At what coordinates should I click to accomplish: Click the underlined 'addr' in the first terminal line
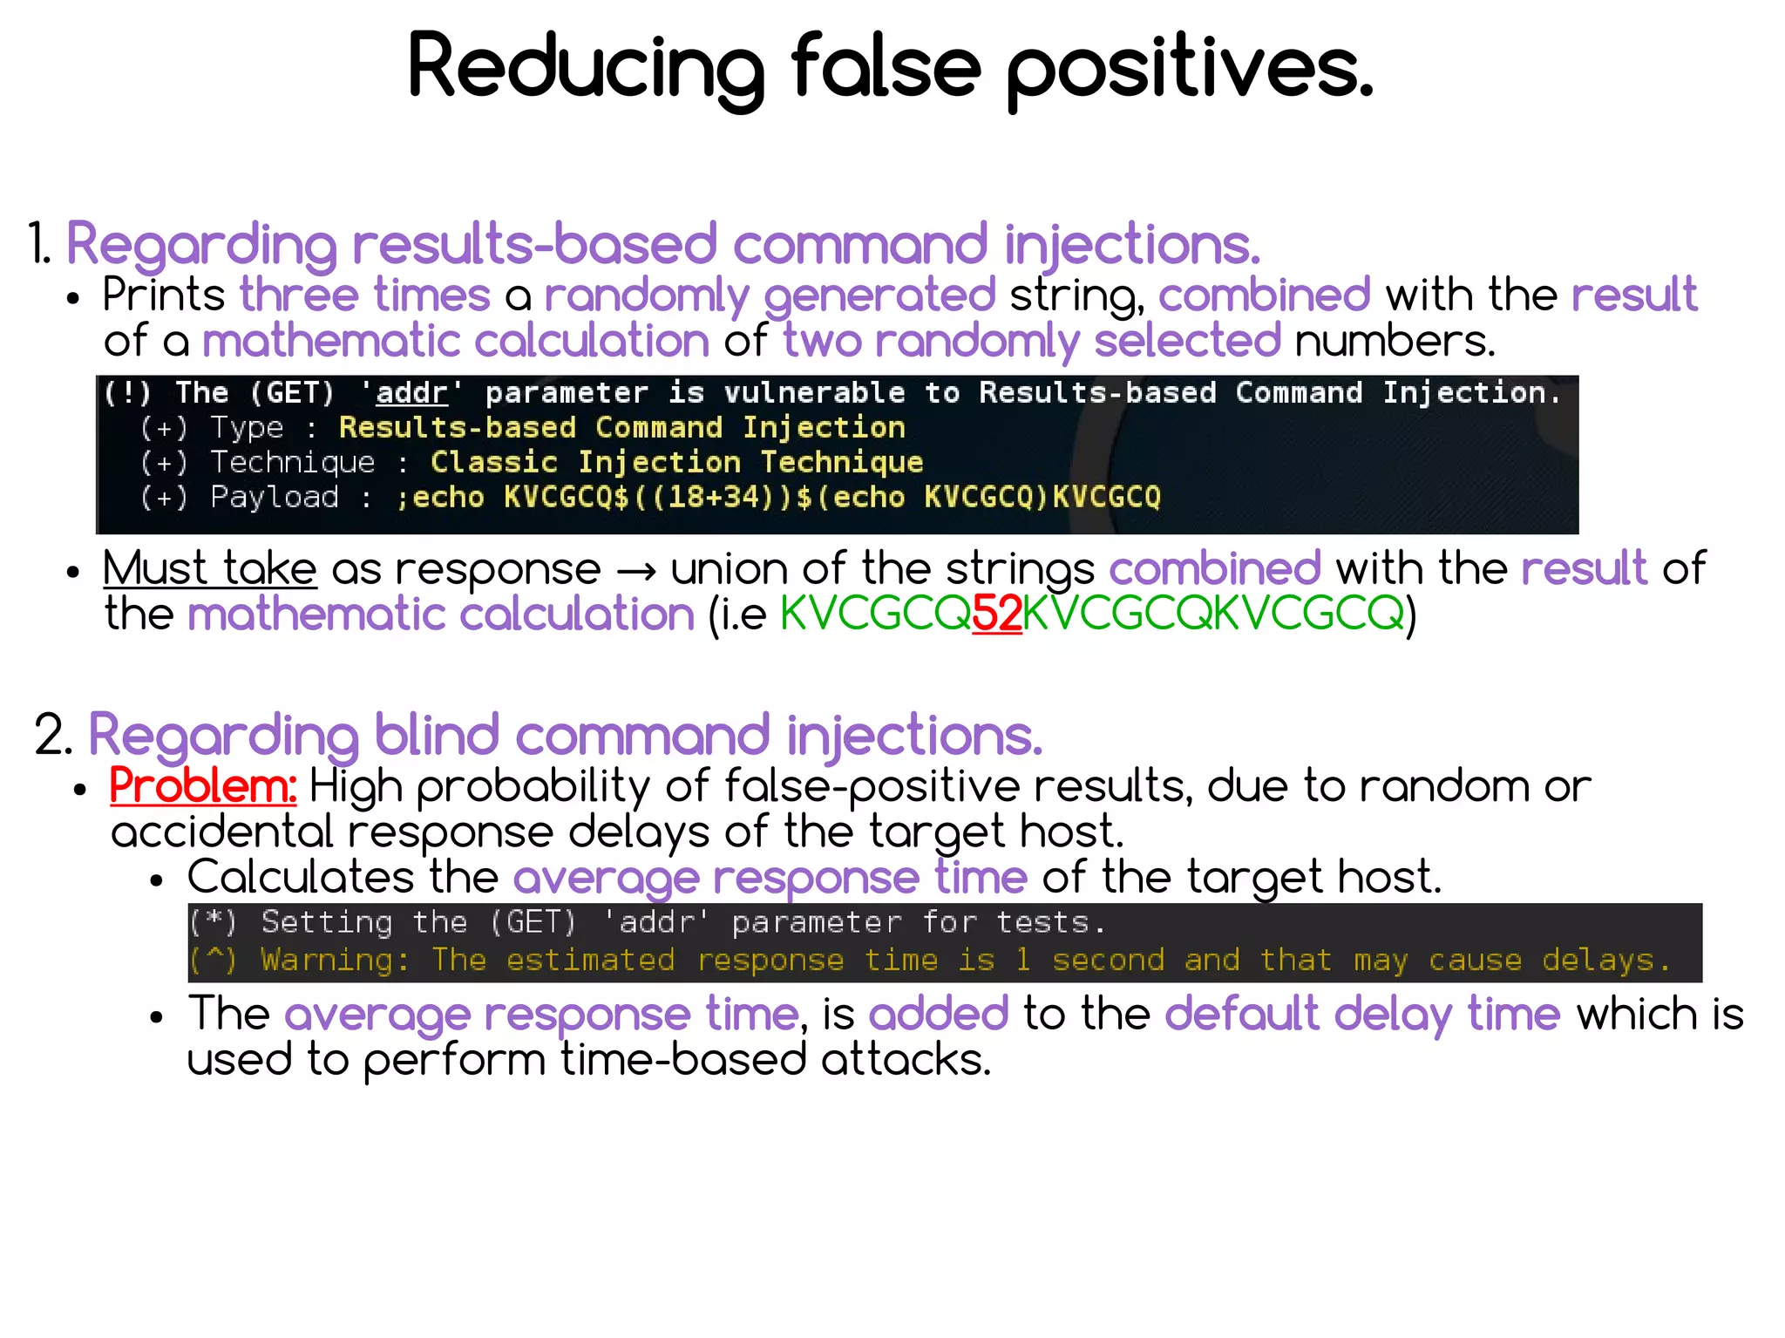pyautogui.click(x=411, y=393)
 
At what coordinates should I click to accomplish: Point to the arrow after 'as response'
pyautogui.click(x=635, y=571)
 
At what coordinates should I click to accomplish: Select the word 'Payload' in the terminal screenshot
pyautogui.click(x=275, y=497)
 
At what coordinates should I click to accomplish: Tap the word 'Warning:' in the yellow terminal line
pyautogui.click(x=335, y=960)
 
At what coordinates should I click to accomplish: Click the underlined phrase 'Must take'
pyautogui.click(x=209, y=568)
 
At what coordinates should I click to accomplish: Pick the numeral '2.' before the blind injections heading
pyautogui.click(x=52, y=734)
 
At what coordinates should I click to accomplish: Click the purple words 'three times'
pyautogui.click(x=365, y=294)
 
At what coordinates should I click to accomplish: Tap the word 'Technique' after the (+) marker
pyautogui.click(x=292, y=462)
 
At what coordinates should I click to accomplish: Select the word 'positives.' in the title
pyautogui.click(x=1190, y=68)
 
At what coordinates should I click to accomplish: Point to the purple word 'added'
pyautogui.click(x=938, y=1014)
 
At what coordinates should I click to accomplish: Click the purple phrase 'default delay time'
pyautogui.click(x=1362, y=1014)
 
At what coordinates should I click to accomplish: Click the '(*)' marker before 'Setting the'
pyautogui.click(x=213, y=922)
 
